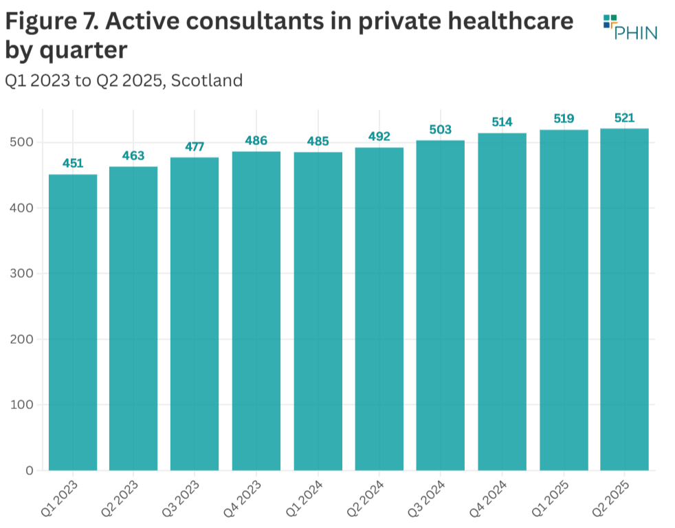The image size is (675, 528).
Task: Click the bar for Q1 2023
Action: point(72,322)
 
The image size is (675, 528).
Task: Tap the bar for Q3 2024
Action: point(441,305)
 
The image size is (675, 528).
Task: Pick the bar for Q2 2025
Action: point(624,299)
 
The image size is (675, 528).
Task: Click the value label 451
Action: point(72,164)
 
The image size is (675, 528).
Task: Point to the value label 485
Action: point(318,142)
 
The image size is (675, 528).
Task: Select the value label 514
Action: point(502,122)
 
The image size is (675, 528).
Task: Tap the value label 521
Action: point(624,118)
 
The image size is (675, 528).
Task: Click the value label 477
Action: point(195,146)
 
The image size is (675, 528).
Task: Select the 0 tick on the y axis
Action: point(29,471)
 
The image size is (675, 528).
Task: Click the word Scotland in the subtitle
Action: point(207,80)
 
